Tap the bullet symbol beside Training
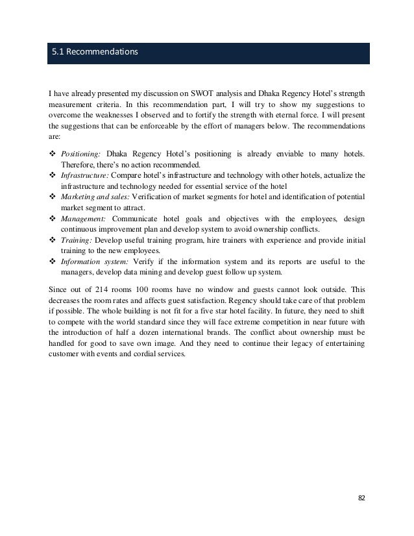coord(52,239)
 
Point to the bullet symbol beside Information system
coord(52,261)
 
